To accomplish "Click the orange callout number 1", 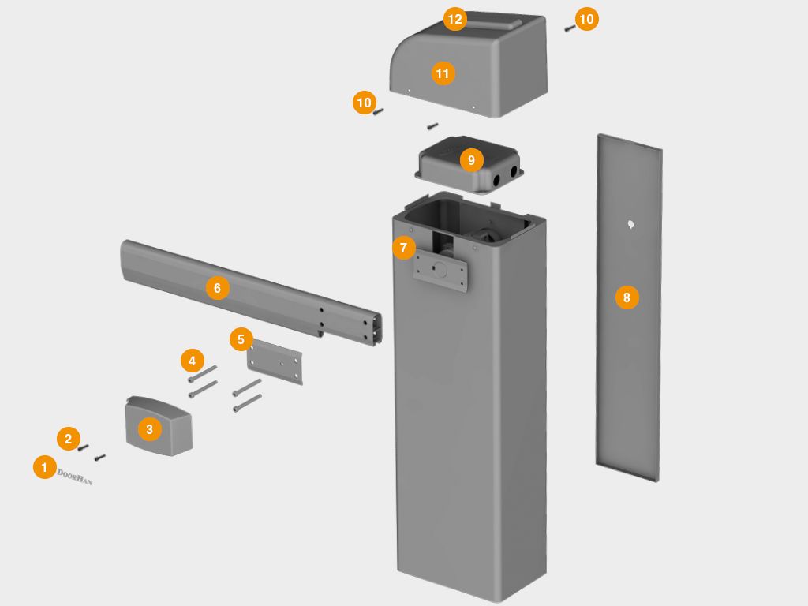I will [x=44, y=467].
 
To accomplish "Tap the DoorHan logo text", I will [x=75, y=477].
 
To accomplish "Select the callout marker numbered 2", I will [x=68, y=439].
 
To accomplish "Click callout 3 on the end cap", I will [x=149, y=429].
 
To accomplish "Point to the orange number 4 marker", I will [x=191, y=361].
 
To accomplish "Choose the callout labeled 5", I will [x=241, y=339].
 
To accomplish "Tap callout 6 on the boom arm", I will [x=217, y=288].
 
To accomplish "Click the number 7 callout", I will [x=403, y=248].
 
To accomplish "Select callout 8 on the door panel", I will [x=627, y=297].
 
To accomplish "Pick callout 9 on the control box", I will [x=471, y=160].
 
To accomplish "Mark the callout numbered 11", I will [x=442, y=73].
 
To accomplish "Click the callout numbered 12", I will [x=454, y=19].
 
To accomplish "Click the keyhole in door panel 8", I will [x=630, y=225].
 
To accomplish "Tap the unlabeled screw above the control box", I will [x=432, y=125].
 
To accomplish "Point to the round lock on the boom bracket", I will [x=441, y=269].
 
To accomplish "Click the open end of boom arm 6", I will [x=377, y=327].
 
